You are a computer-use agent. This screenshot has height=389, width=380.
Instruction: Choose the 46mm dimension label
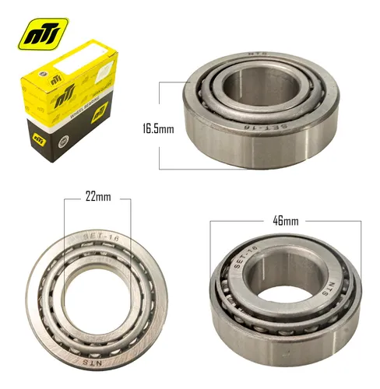pos(285,222)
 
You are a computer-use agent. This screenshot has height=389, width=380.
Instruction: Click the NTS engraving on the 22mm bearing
pos(97,359)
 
